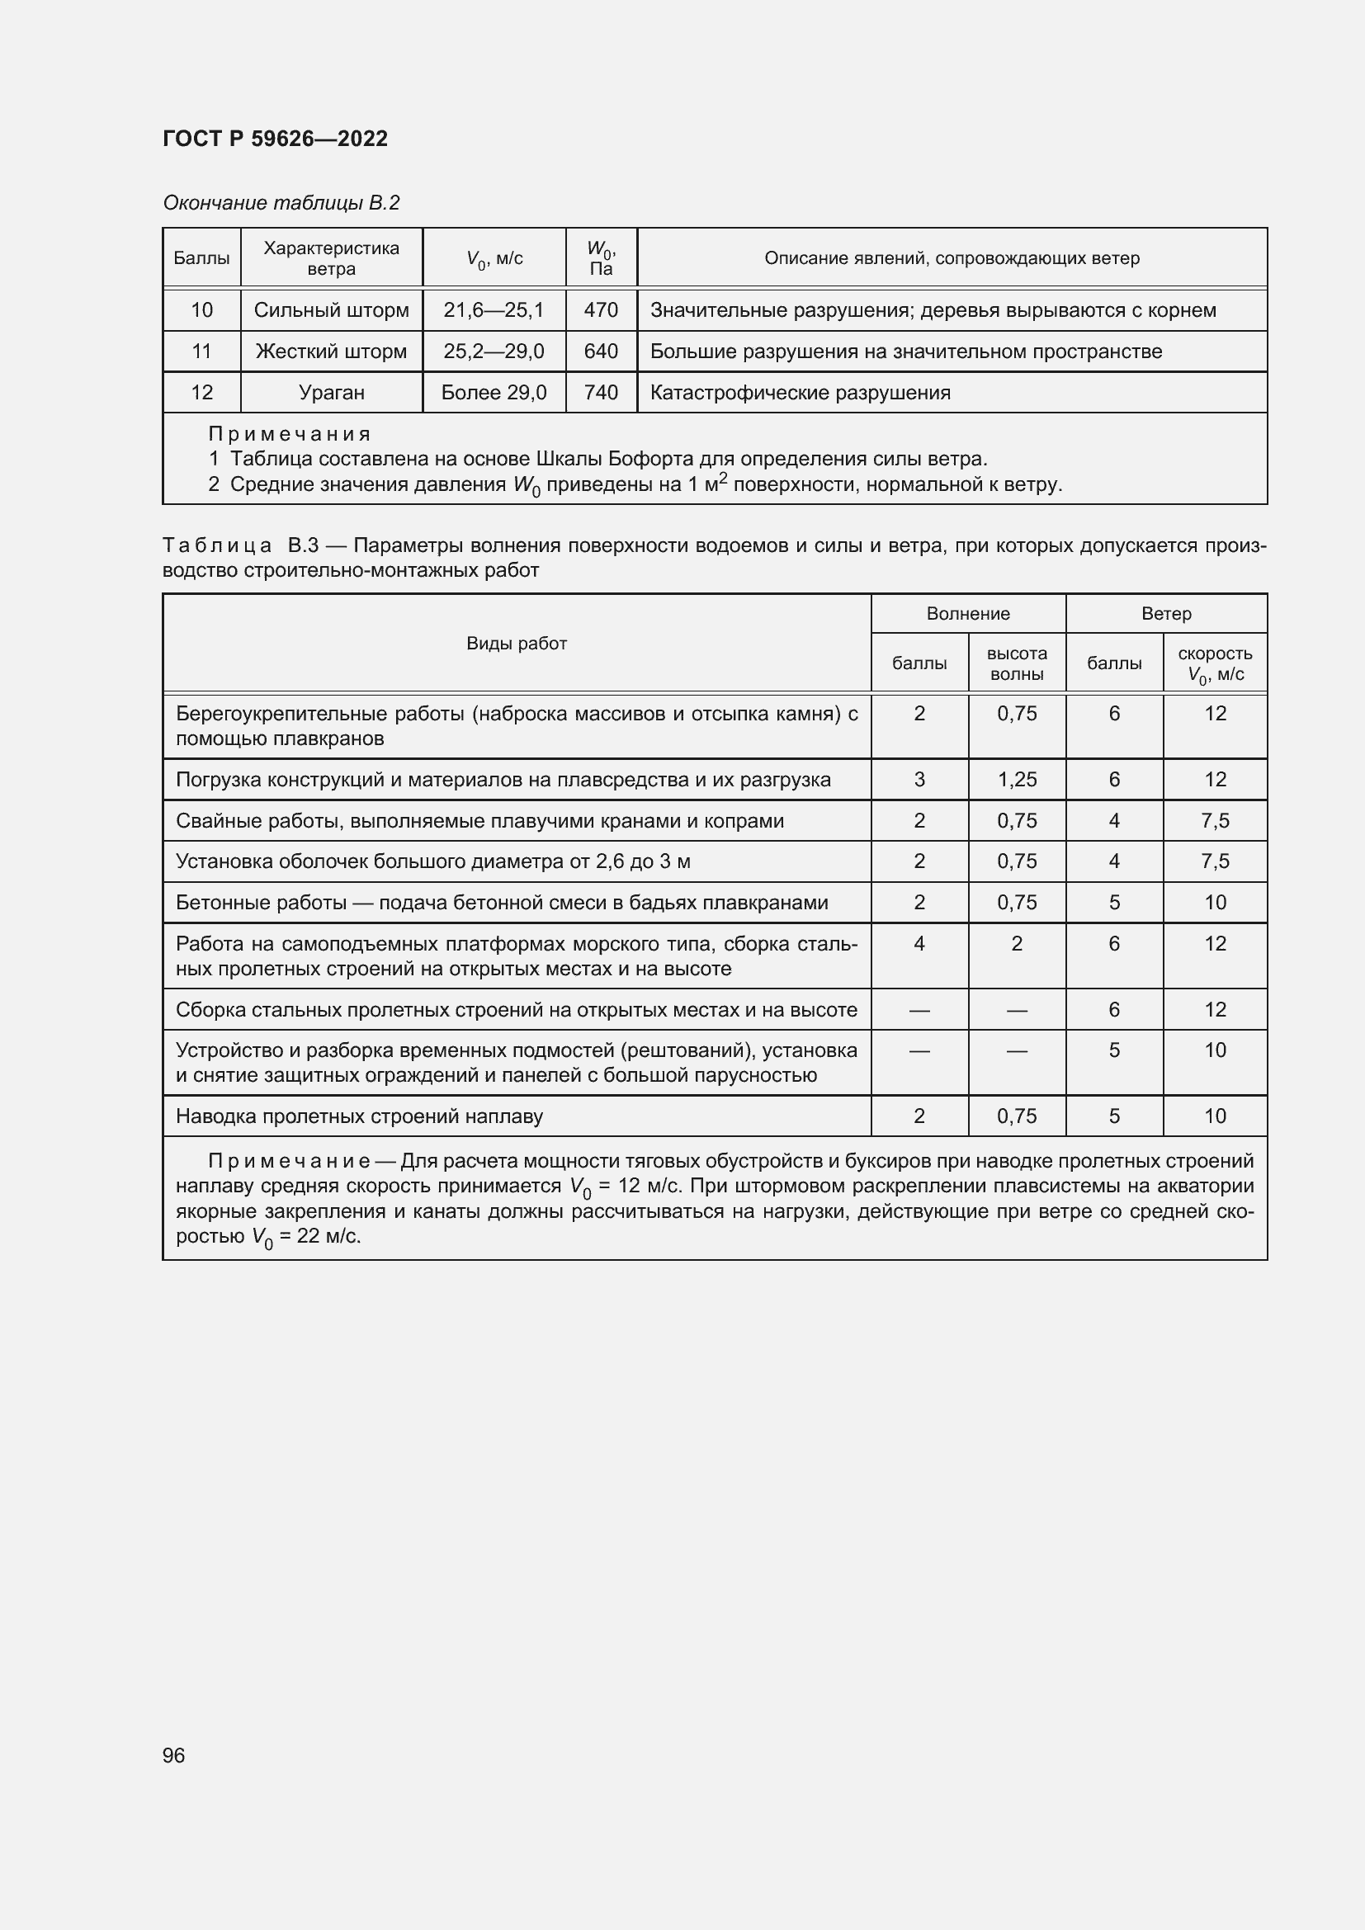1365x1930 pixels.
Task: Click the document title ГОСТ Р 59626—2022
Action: (275, 139)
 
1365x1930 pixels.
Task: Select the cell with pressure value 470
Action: (601, 310)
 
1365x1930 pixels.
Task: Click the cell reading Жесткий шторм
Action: (331, 352)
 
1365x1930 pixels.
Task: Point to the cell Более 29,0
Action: (494, 393)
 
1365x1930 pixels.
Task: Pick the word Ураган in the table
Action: (331, 393)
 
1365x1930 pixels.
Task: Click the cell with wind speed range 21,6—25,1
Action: (494, 310)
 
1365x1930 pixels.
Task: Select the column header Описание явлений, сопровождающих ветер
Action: (952, 258)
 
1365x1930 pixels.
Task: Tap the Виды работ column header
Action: (516, 643)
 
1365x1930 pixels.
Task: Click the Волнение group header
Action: (967, 614)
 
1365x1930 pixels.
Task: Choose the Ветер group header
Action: (1166, 614)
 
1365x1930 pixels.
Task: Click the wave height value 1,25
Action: (1017, 779)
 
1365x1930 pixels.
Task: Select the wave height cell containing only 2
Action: (1017, 944)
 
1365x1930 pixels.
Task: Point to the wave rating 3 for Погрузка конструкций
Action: (919, 779)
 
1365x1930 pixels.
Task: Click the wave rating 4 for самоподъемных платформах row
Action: (919, 944)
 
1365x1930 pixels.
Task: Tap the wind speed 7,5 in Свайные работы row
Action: (1215, 820)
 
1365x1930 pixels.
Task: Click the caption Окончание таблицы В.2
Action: (281, 203)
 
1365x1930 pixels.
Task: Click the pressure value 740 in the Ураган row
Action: (601, 393)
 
